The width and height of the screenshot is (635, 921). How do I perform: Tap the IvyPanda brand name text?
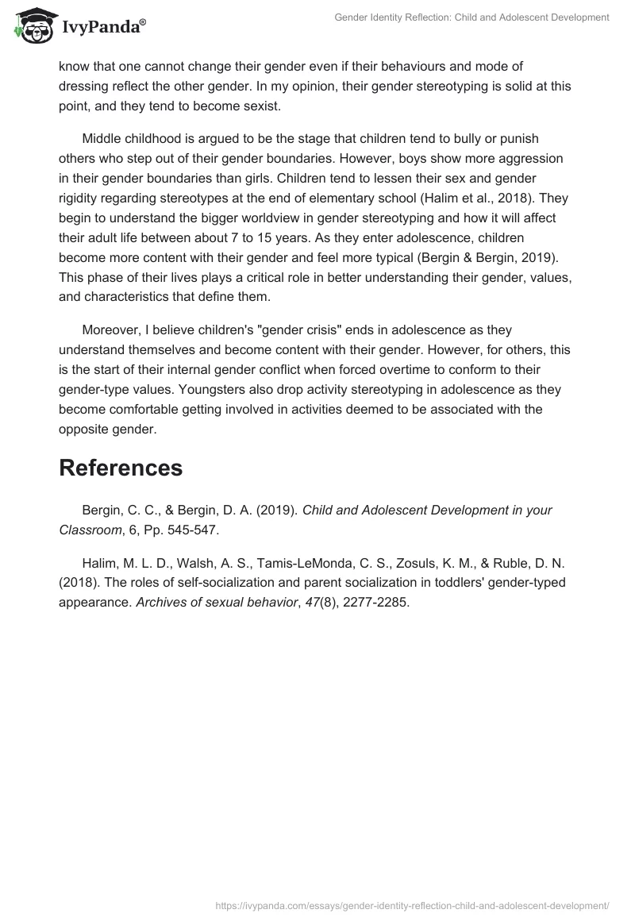click(x=103, y=28)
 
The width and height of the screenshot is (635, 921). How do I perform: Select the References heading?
click(x=121, y=468)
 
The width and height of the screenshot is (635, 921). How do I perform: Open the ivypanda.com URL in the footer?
click(x=412, y=904)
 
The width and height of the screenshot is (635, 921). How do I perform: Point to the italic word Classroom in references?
click(x=90, y=529)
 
